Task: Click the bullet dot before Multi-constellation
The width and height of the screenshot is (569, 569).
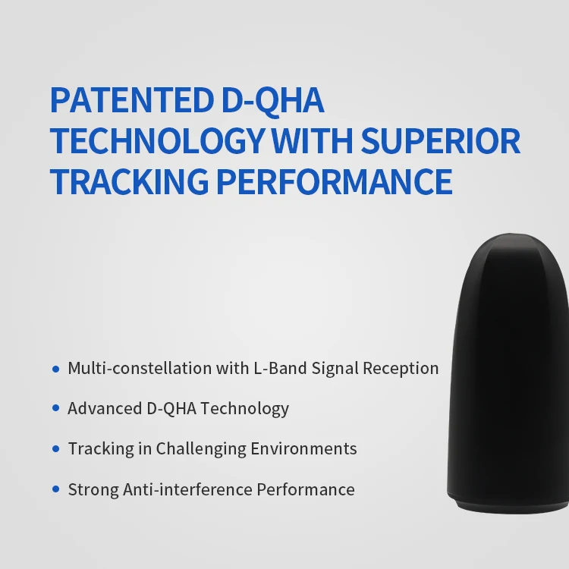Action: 55,369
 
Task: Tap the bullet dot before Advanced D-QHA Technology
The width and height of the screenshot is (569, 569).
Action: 55,409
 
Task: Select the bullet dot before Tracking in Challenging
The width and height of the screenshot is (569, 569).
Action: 55,449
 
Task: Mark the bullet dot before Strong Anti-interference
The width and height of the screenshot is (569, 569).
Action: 55,490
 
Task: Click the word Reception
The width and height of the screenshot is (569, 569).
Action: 400,369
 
